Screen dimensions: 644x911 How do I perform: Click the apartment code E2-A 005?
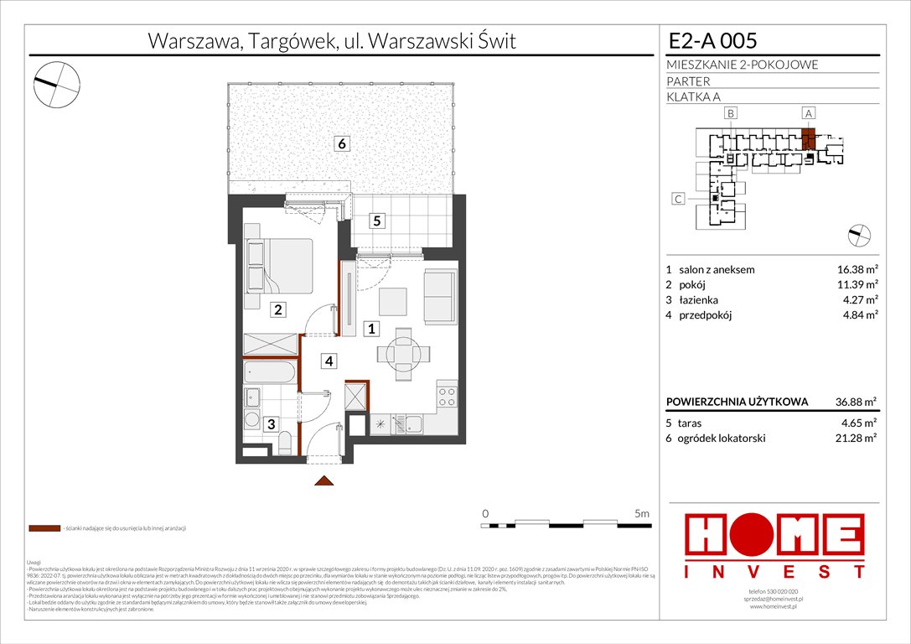coord(713,41)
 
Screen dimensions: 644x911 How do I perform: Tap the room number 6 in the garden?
coord(341,143)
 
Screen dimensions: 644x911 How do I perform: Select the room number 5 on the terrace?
coord(377,221)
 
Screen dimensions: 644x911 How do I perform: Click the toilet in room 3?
coord(285,441)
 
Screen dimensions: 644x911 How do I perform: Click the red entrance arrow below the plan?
coord(324,481)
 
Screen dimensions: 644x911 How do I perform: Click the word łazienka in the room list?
coord(699,299)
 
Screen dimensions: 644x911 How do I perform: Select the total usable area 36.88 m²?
coord(849,402)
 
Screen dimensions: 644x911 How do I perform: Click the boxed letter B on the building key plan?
coord(731,113)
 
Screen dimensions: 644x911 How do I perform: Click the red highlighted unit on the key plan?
coord(809,138)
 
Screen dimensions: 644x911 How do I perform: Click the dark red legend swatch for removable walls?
coord(44,529)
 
